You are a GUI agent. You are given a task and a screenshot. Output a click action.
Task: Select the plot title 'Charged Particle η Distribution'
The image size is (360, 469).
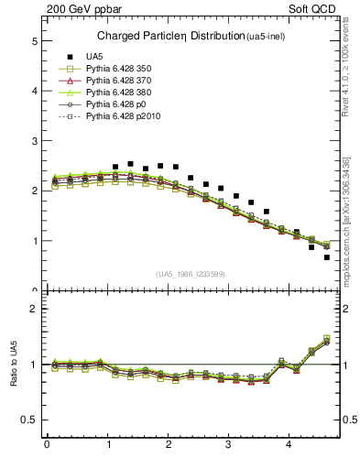click(x=169, y=37)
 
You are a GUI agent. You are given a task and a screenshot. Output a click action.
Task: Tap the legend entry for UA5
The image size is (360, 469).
click(x=94, y=57)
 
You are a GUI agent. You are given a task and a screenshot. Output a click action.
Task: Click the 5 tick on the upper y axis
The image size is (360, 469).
click(x=34, y=41)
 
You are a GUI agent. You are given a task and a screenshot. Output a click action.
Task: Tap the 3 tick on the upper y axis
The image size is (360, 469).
click(x=34, y=141)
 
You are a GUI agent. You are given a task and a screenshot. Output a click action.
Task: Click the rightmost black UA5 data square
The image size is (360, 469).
click(x=326, y=257)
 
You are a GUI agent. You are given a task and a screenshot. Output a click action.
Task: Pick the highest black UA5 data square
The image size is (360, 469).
click(x=130, y=164)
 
